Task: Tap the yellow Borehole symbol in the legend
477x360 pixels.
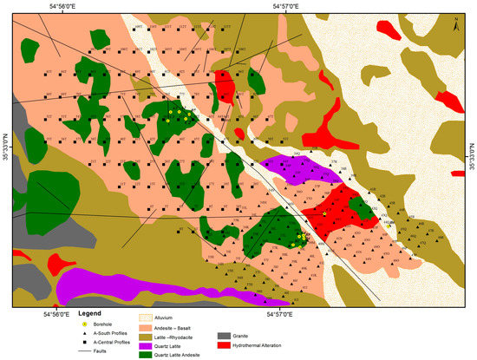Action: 85,324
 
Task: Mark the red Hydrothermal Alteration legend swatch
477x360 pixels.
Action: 224,344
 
